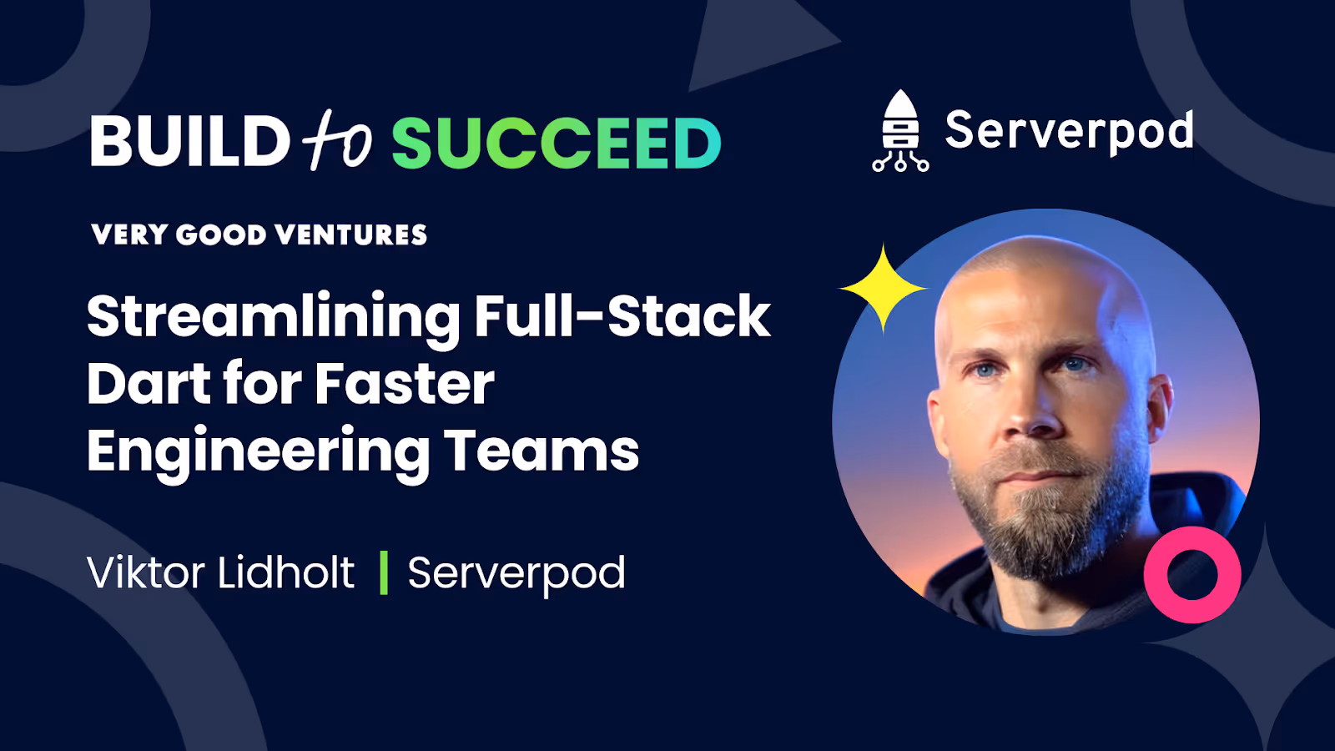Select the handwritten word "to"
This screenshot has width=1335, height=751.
pyautogui.click(x=337, y=140)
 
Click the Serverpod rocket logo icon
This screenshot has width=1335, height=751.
pyautogui.click(x=899, y=131)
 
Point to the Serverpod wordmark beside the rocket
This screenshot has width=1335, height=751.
pyautogui.click(x=1069, y=131)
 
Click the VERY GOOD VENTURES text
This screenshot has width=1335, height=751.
pyautogui.click(x=259, y=234)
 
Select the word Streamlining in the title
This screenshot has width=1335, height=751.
pyautogui.click(x=273, y=318)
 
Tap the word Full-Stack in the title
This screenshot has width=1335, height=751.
pyautogui.click(x=622, y=316)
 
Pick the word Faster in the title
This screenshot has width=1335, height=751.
pyautogui.click(x=405, y=384)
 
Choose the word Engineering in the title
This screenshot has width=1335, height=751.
pyautogui.click(x=258, y=453)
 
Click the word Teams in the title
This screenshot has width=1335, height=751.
pyautogui.click(x=541, y=451)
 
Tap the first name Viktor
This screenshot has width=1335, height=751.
pyautogui.click(x=146, y=572)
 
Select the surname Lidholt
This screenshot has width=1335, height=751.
pyautogui.click(x=285, y=572)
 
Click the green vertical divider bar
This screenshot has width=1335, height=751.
pyautogui.click(x=384, y=572)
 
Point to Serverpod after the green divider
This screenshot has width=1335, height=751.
pyautogui.click(x=516, y=574)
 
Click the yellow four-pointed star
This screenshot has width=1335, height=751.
pyautogui.click(x=883, y=288)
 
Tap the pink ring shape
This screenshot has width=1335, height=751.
pyautogui.click(x=1191, y=575)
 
